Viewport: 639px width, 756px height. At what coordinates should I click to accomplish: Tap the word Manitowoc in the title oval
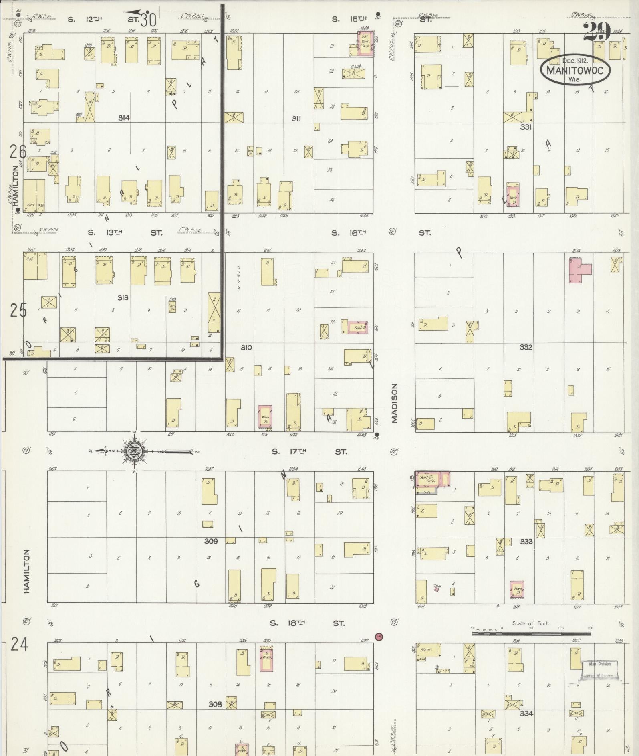coord(575,70)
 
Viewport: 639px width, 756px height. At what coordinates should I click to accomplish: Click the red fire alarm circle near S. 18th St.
coord(379,636)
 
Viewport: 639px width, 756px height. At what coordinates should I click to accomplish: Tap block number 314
coord(124,118)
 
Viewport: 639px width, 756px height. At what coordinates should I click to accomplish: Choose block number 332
coord(526,347)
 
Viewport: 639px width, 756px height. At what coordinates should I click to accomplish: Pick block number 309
coord(211,541)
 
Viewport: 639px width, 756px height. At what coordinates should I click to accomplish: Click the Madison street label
coord(395,403)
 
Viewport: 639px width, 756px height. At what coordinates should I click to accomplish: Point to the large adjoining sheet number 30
coord(147,19)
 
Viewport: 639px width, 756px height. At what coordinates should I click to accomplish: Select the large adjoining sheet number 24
coord(19,645)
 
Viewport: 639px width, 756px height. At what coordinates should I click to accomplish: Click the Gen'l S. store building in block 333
coord(427,479)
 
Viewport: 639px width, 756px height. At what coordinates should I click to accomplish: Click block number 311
coord(296,119)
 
